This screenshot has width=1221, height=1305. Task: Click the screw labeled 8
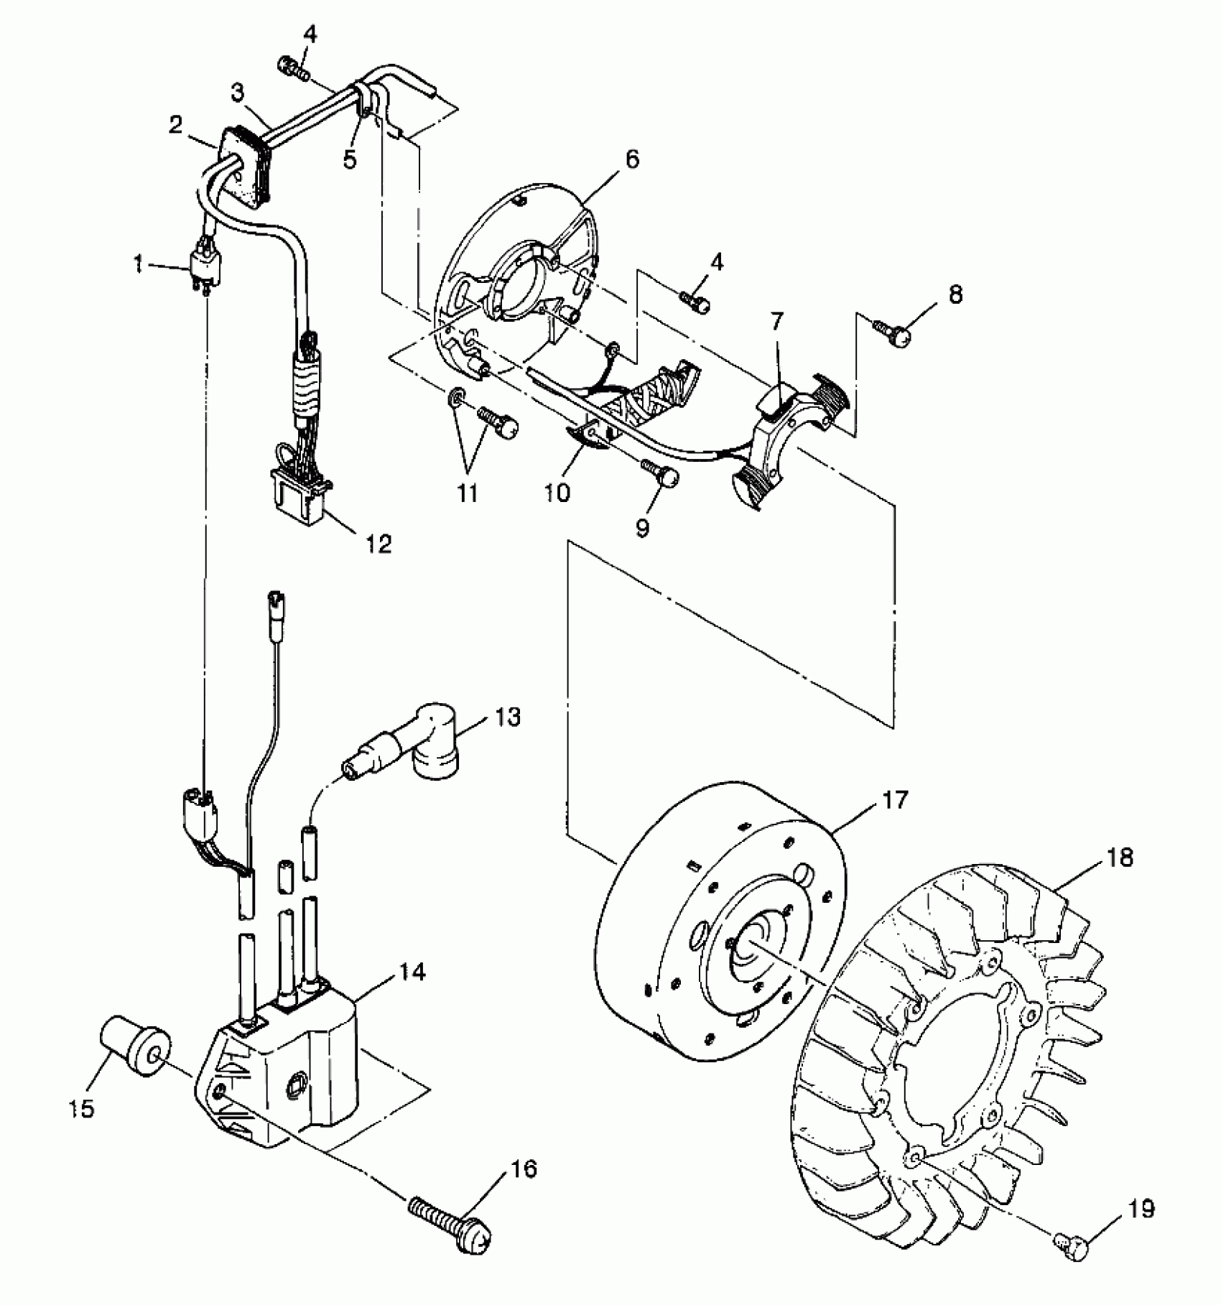click(x=893, y=332)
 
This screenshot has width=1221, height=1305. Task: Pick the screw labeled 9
click(x=661, y=474)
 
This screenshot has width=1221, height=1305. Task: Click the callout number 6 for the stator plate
click(x=631, y=159)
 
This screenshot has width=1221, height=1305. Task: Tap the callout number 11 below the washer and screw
click(x=468, y=493)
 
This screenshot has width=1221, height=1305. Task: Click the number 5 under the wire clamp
click(x=350, y=159)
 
